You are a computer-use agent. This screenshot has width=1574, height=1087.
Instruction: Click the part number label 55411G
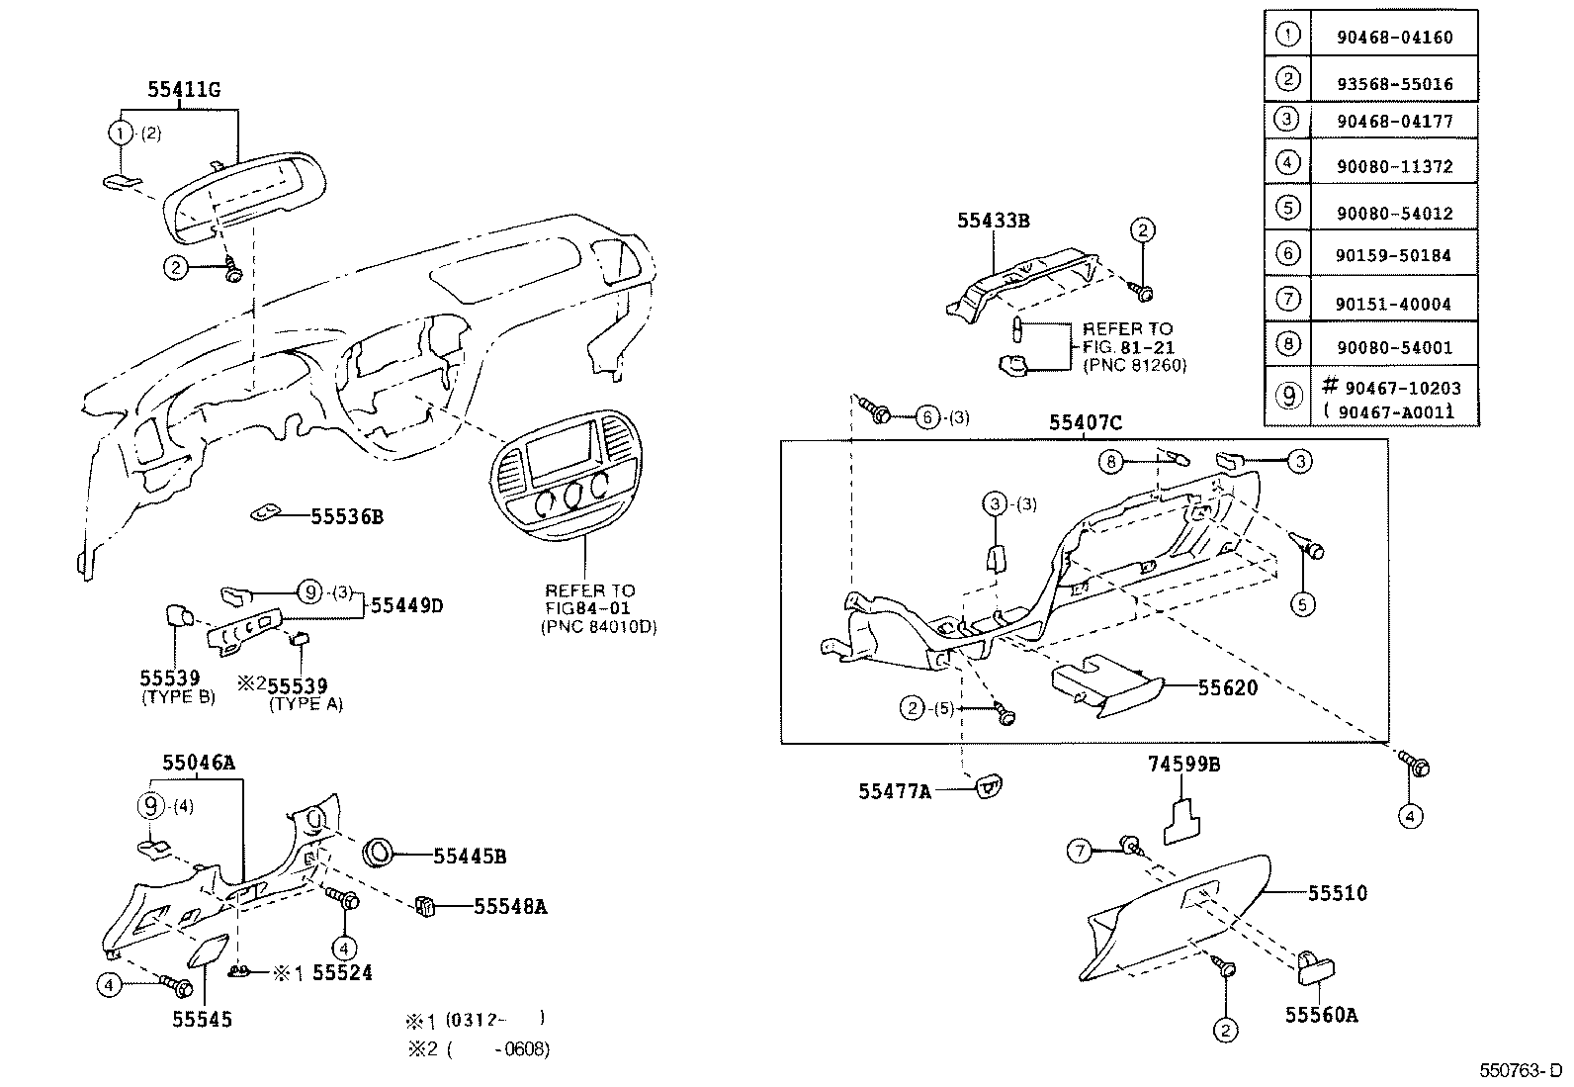click(183, 89)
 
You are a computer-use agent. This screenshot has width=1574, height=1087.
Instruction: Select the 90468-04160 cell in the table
click(1394, 37)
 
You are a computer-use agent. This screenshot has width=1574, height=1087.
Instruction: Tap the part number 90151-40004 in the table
click(1393, 304)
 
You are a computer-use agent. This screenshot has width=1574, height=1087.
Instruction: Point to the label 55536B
click(347, 516)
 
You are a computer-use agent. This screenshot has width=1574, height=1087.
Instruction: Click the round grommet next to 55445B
click(380, 853)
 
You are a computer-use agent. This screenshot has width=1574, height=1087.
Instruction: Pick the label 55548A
click(510, 906)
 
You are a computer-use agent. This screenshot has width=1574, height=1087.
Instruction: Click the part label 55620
click(1228, 687)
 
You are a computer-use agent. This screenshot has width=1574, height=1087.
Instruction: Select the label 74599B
click(1184, 764)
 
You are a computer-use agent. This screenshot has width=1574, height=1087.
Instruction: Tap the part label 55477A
click(895, 791)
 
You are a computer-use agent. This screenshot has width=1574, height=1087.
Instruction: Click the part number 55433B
click(994, 221)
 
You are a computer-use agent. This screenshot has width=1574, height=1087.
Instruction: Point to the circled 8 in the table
click(1287, 344)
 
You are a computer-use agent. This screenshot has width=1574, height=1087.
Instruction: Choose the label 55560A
click(1321, 1015)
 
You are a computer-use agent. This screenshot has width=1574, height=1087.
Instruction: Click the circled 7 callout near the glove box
click(1079, 851)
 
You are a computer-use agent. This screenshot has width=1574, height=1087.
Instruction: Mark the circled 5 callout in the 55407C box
click(1302, 604)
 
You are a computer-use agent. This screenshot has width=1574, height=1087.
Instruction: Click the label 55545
click(203, 1019)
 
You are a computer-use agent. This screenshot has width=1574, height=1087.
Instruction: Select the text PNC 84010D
click(599, 626)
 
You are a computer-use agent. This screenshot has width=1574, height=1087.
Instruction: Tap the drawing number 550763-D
click(1521, 1070)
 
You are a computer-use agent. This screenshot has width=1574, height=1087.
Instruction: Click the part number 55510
click(1337, 893)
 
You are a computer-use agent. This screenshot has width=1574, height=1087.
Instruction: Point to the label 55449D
click(407, 605)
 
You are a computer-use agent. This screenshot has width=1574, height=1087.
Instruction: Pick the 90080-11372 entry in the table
click(1394, 166)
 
